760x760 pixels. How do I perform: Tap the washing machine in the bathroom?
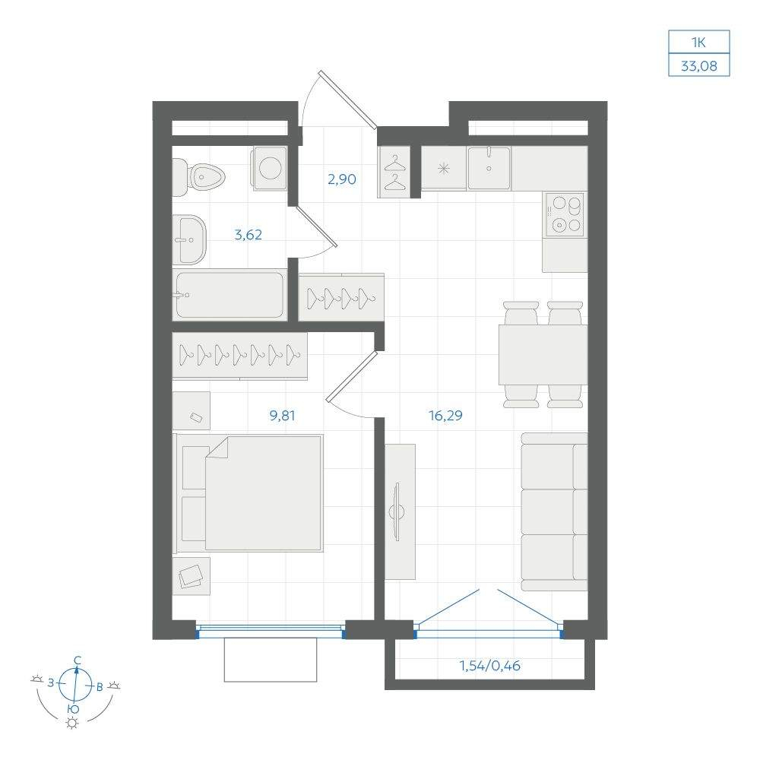(x=269, y=168)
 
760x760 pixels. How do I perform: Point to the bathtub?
(x=230, y=295)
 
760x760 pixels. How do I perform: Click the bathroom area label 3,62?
(x=249, y=235)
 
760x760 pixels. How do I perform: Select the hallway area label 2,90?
(x=342, y=179)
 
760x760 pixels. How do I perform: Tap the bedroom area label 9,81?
(x=282, y=416)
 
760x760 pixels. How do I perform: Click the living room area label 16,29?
(x=445, y=416)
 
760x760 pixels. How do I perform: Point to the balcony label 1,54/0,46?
(x=490, y=666)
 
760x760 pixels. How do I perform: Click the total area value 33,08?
(x=699, y=65)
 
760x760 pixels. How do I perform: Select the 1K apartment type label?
(x=698, y=42)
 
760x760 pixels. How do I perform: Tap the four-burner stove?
(x=565, y=214)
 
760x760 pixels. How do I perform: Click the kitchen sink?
(x=489, y=168)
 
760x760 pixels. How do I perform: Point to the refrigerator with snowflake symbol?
(x=444, y=168)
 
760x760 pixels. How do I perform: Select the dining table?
(x=543, y=355)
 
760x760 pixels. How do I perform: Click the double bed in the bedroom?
(x=249, y=493)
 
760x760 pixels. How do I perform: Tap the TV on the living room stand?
(x=398, y=511)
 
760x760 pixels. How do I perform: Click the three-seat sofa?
(x=555, y=511)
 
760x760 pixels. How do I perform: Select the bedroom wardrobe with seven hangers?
(x=240, y=355)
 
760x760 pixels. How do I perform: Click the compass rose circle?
(x=75, y=685)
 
